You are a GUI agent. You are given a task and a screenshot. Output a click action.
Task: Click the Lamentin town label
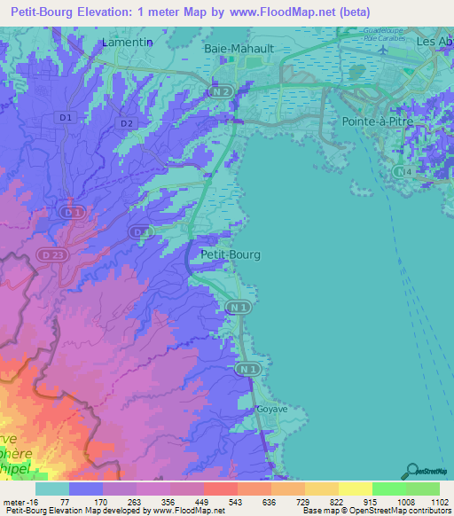(128, 42)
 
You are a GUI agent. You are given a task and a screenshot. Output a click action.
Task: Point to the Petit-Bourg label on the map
(231, 254)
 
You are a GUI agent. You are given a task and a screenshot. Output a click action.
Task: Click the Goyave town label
(267, 410)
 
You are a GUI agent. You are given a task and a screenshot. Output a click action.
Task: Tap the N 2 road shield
(222, 91)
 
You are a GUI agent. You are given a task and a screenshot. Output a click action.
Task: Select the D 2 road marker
(126, 123)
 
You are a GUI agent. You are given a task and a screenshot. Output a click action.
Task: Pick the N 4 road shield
(404, 170)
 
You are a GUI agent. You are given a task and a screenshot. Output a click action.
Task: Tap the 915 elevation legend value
(357, 502)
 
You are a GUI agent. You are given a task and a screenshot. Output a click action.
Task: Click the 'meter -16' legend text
(19, 502)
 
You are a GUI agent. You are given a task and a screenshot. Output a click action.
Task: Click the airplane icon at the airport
(382, 50)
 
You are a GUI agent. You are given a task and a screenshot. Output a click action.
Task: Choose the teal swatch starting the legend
(52, 488)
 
